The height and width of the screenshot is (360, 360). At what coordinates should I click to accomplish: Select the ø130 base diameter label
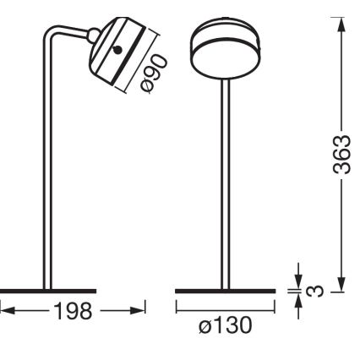click(x=226, y=326)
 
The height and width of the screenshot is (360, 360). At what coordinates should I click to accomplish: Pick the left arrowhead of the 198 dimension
click(x=5, y=313)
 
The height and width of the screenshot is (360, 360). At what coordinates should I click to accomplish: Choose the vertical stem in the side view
click(x=47, y=169)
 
